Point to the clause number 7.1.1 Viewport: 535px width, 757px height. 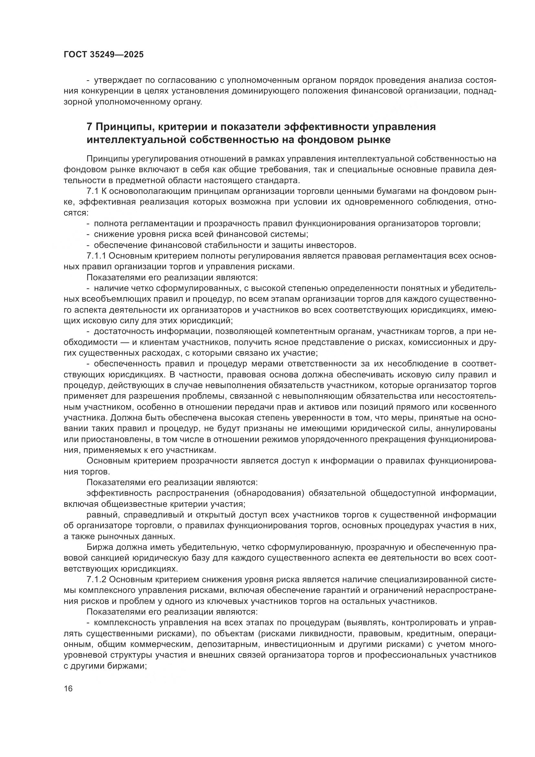96,256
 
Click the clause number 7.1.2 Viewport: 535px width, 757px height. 96,580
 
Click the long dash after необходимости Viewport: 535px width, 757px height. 122,342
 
